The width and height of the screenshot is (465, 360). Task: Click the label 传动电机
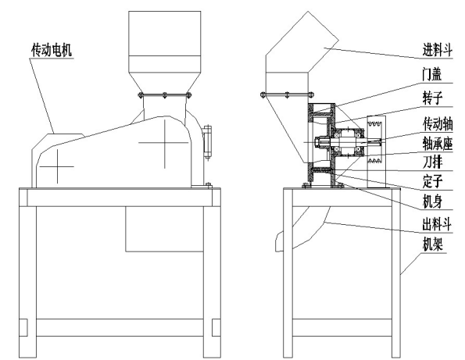(52, 50)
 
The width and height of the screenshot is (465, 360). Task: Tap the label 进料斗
(438, 49)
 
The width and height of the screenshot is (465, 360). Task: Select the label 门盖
(432, 73)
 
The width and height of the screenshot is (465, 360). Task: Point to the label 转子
(432, 98)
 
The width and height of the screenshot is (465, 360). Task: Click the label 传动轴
(438, 124)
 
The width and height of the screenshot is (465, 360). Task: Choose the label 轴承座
(438, 144)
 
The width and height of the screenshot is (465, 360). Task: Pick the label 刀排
(432, 162)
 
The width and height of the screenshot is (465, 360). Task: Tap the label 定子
(432, 180)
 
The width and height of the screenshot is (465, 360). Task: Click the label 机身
(432, 201)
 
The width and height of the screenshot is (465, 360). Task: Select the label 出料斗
(437, 224)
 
